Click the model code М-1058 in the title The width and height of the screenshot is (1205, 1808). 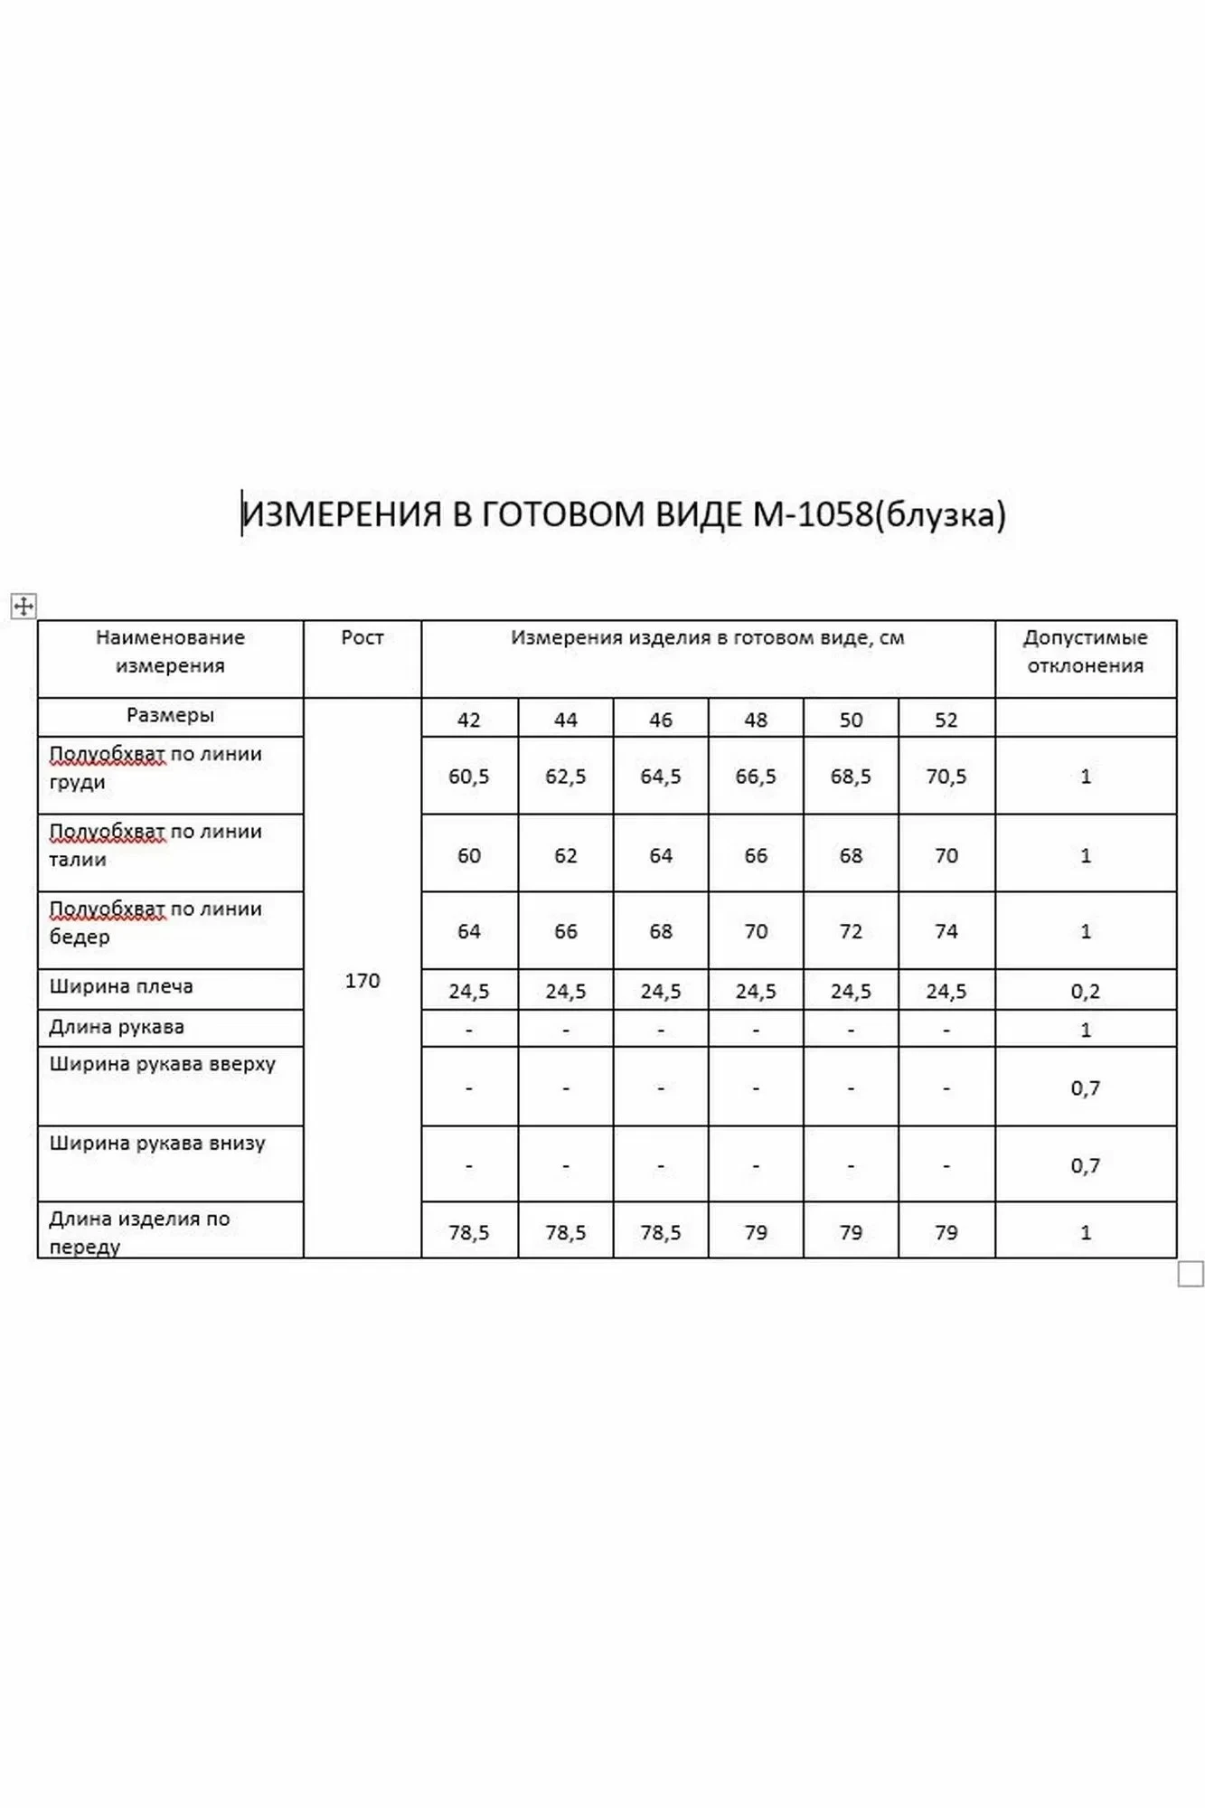pyautogui.click(x=813, y=514)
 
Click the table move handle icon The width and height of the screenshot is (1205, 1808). pyautogui.click(x=24, y=606)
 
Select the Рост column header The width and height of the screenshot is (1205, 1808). pyautogui.click(x=362, y=638)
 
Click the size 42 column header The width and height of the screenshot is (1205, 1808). pyautogui.click(x=469, y=720)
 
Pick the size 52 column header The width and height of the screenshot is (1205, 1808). pyautogui.click(x=946, y=720)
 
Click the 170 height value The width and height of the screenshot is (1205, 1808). pyautogui.click(x=362, y=981)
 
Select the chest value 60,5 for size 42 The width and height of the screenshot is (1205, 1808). pyautogui.click(x=469, y=777)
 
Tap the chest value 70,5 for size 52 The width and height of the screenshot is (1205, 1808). pyautogui.click(x=946, y=777)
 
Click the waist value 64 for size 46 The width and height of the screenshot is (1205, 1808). pyautogui.click(x=661, y=856)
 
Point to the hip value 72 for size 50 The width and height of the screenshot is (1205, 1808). pyautogui.click(x=851, y=932)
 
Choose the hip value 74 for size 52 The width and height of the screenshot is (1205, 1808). pyautogui.click(x=946, y=932)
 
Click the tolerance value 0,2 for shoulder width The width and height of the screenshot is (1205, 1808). pyautogui.click(x=1086, y=992)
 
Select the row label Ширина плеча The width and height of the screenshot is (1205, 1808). pyautogui.click(x=121, y=986)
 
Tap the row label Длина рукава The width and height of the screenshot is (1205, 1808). pyautogui.click(x=117, y=1027)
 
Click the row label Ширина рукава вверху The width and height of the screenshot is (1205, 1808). pyautogui.click(x=162, y=1064)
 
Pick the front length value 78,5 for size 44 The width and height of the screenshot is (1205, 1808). pyautogui.click(x=565, y=1233)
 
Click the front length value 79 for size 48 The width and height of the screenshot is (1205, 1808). pyautogui.click(x=756, y=1233)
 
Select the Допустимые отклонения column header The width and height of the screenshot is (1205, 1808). pyautogui.click(x=1085, y=652)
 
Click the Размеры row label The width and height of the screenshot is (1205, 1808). pyautogui.click(x=170, y=715)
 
